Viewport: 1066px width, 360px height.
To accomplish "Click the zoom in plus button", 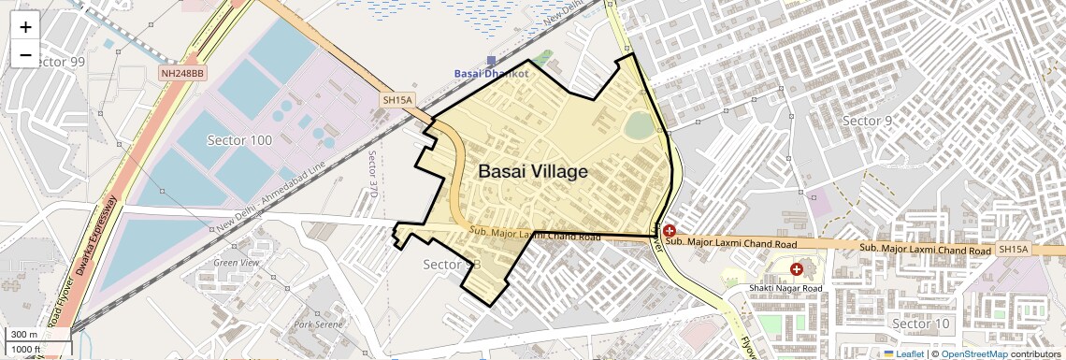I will pos(25,26).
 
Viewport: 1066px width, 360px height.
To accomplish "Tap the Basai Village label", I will pos(533,172).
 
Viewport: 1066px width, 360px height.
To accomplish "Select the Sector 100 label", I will pos(238,140).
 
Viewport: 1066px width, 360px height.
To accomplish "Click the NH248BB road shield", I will pos(181,72).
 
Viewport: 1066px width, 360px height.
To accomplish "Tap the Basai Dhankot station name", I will pos(491,73).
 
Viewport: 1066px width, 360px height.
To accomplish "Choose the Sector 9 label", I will pos(867,121).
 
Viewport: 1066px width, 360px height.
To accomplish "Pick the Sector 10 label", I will pos(920,324).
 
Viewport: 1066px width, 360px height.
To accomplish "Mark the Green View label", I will pos(236,263).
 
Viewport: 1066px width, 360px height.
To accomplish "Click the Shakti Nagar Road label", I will pos(784,288).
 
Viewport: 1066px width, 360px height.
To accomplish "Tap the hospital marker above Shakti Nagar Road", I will pos(796,269).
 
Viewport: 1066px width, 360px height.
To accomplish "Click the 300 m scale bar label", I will pos(25,335).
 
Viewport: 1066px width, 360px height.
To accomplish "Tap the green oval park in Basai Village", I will pos(639,125).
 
